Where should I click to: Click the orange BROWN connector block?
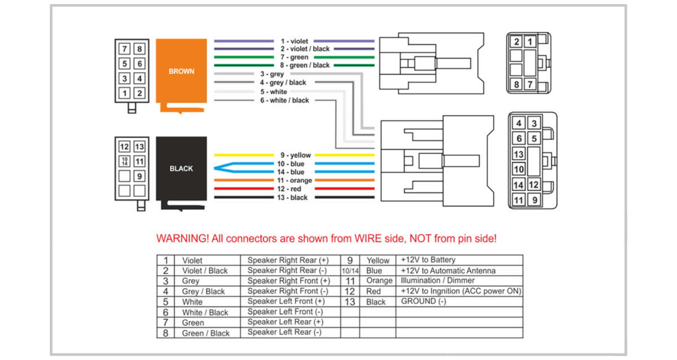pos(181,72)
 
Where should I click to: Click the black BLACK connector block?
pos(181,169)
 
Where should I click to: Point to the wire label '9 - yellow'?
pos(296,155)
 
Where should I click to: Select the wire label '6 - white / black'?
pos(284,100)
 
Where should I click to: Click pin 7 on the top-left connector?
pos(125,49)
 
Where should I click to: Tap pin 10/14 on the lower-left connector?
pos(125,161)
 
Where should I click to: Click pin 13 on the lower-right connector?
pos(518,154)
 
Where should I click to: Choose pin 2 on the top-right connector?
pos(517,42)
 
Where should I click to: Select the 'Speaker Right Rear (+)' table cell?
pos(288,260)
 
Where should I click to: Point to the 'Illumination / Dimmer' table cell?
pos(438,280)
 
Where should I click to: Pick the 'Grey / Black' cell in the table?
pos(203,291)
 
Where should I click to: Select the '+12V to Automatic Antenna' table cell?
pos(448,270)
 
